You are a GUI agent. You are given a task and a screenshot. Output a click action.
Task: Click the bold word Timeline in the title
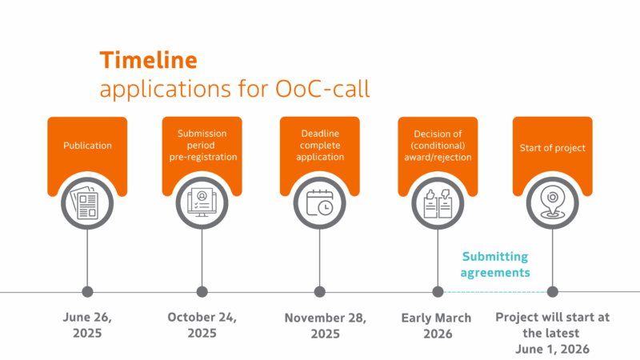149,60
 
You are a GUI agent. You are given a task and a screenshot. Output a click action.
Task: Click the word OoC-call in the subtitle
322,89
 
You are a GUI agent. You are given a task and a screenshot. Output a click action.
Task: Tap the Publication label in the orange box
87,146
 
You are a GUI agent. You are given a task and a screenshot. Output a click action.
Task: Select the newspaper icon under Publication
86,203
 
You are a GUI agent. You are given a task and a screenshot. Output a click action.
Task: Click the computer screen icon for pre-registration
202,203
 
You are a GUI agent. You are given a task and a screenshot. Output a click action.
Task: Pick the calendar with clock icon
319,203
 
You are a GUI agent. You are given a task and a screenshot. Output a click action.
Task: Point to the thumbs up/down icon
438,203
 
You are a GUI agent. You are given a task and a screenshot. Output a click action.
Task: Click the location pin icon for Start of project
552,204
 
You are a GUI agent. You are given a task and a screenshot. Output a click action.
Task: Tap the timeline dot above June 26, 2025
87,292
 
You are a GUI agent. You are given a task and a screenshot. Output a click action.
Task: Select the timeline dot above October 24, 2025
202,292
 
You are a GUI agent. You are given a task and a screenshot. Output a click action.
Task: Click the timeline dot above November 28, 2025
319,292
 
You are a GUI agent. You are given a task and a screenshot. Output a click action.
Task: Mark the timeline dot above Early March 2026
438,292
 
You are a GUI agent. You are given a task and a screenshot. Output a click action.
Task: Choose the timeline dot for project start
553,292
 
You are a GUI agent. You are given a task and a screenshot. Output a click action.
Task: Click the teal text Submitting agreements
495,265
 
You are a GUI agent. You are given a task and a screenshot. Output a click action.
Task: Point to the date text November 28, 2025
326,326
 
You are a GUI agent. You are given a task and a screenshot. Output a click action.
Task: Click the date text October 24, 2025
202,325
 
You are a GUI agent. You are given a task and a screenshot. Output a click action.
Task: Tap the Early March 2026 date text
436,326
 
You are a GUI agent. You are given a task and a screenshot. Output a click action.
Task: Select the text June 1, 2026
552,350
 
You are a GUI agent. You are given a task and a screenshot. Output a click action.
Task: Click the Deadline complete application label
320,146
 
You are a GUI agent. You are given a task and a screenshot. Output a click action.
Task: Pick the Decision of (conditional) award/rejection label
438,146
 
